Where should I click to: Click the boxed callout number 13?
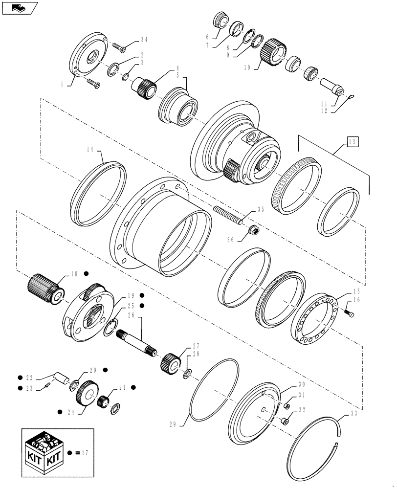pos(353,142)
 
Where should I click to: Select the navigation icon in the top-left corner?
pos(20,8)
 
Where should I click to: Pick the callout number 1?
pos(62,84)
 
